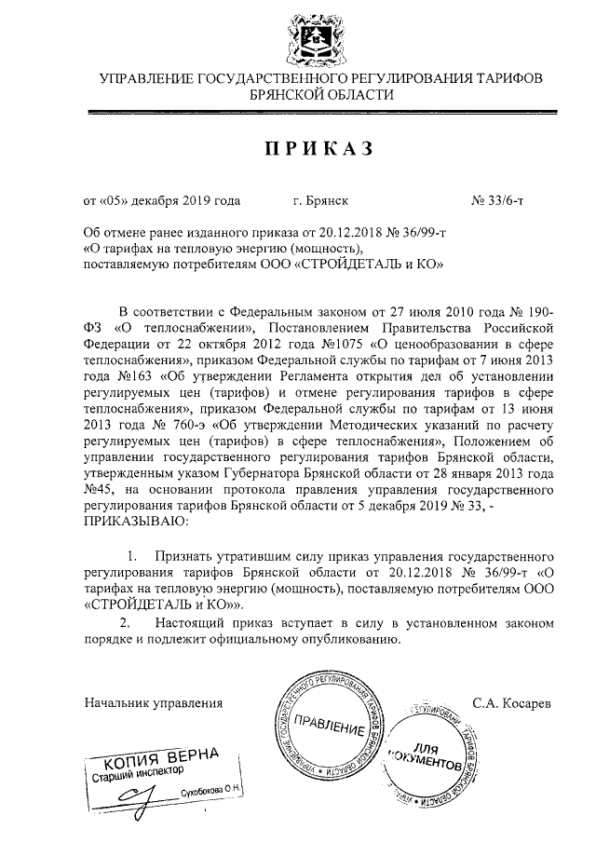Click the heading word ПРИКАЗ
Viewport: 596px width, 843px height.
point(298,149)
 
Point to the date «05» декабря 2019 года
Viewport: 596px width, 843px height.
point(162,199)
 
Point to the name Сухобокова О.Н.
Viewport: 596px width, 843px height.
point(211,790)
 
